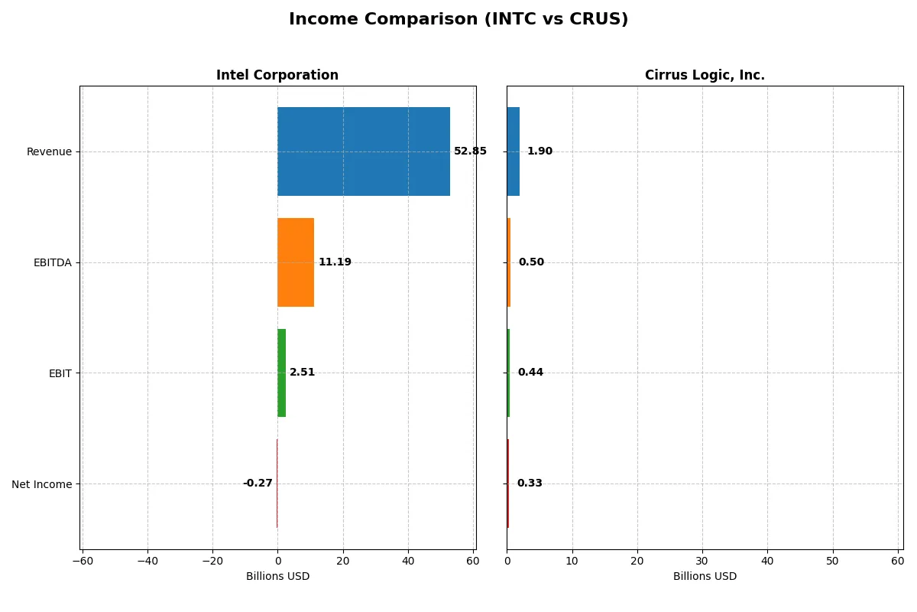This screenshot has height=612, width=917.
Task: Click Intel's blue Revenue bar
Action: click(x=363, y=151)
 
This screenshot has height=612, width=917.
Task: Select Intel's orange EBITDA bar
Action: click(x=295, y=262)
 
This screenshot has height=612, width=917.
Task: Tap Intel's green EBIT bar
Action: click(x=281, y=373)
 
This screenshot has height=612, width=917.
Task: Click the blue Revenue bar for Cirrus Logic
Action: click(x=513, y=151)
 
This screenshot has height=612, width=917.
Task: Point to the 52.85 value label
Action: click(x=470, y=151)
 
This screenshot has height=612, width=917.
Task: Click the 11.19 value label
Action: click(x=335, y=262)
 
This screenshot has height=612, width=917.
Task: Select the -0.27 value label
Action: click(x=258, y=483)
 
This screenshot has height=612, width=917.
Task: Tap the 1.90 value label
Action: click(x=540, y=151)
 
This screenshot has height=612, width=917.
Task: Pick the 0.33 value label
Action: click(x=530, y=483)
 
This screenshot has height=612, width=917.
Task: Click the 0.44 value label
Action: click(x=530, y=373)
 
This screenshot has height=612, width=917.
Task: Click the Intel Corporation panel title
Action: click(x=277, y=76)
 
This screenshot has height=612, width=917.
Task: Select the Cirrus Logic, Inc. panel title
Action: click(x=705, y=76)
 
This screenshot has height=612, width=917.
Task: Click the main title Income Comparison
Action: click(x=458, y=20)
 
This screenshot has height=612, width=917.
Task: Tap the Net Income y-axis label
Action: click(x=42, y=484)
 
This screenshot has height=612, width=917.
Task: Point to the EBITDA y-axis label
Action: click(x=53, y=262)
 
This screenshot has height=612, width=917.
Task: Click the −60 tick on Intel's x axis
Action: click(x=83, y=562)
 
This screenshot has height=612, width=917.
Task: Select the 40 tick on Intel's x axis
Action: click(x=408, y=562)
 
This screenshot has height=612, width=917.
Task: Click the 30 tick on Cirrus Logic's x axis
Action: click(x=702, y=562)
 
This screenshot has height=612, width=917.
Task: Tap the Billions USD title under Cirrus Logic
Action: click(x=705, y=577)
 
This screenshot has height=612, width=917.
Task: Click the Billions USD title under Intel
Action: click(x=277, y=577)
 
